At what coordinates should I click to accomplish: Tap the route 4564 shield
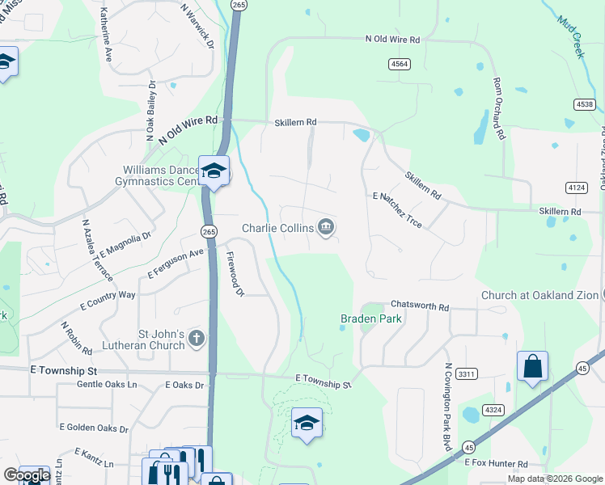pos(399,64)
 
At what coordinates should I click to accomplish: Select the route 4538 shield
pos(585,103)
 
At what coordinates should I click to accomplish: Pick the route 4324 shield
pos(493,411)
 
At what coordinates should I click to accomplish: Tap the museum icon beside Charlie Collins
pos(325,228)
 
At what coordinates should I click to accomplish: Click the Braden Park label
pos(370,318)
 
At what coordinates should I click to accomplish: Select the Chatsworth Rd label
pos(419,306)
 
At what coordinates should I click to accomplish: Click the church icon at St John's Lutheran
pos(197,339)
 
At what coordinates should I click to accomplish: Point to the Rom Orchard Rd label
pos(499,110)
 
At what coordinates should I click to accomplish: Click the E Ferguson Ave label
pos(176,265)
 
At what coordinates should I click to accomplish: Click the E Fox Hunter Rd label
pos(496,464)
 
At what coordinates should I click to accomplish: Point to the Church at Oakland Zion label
pos(539,295)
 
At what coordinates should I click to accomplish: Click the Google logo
pos(27,475)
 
